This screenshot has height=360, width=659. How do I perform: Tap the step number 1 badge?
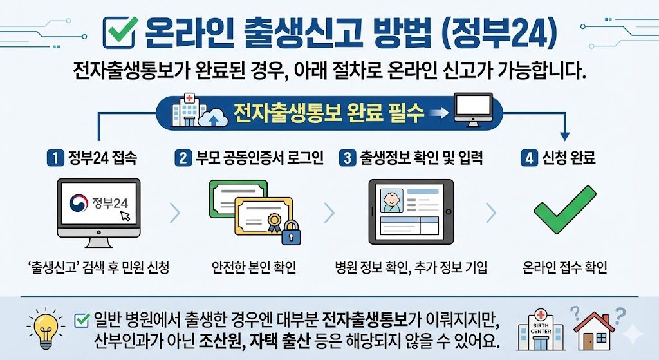(56, 157)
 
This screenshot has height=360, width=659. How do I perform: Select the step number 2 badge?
(184, 157)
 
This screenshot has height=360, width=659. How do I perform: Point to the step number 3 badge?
(348, 157)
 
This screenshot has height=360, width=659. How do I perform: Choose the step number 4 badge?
(529, 157)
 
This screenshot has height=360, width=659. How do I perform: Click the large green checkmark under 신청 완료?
(566, 210)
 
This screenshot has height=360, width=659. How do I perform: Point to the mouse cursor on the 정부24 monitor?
(124, 216)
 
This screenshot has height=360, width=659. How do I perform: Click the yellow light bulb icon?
(45, 323)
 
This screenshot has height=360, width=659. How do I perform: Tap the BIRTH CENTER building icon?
(540, 328)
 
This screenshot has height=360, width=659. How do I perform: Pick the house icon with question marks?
(595, 328)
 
